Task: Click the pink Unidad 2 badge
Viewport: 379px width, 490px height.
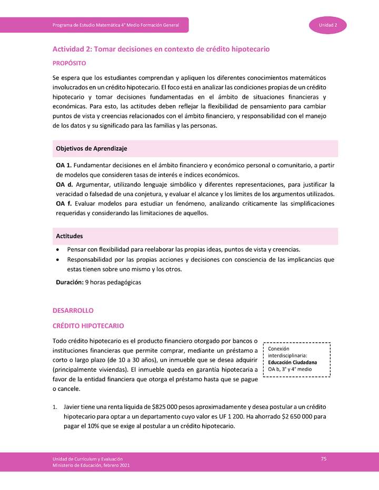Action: point(331,25)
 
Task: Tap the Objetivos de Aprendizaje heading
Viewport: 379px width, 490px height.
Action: point(91,149)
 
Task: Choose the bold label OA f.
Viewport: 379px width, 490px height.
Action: point(63,204)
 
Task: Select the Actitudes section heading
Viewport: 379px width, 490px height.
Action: point(69,236)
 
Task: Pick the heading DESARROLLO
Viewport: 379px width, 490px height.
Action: point(73,311)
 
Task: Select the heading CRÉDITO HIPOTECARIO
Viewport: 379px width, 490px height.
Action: point(88,326)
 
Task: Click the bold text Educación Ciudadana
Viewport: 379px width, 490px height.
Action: point(292,362)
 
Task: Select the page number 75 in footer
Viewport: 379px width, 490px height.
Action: point(324,459)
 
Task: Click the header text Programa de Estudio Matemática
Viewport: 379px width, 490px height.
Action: point(116,25)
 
